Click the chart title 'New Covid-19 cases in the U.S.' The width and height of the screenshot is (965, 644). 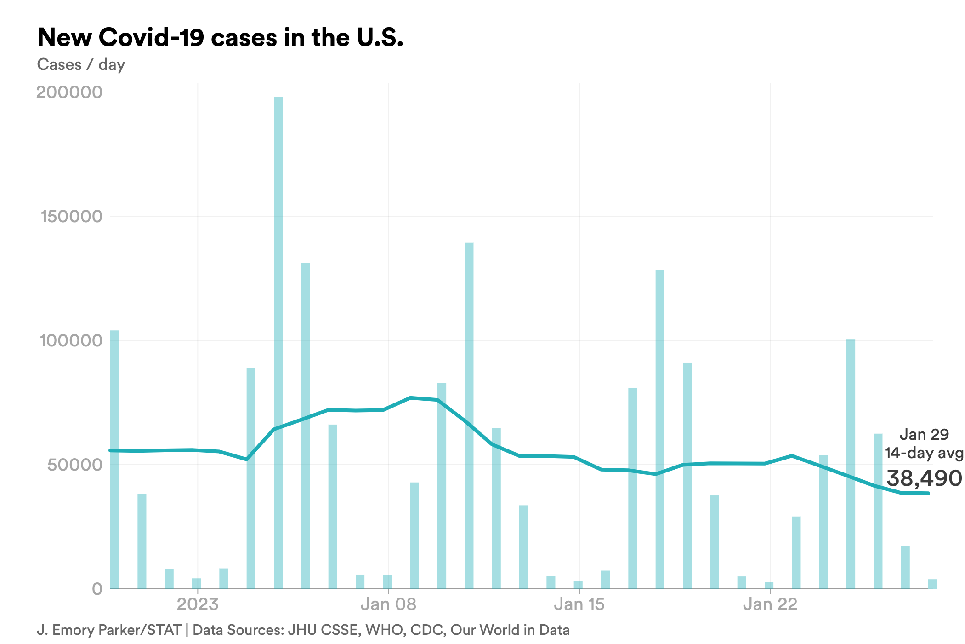point(220,37)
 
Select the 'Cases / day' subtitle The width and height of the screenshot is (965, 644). point(81,64)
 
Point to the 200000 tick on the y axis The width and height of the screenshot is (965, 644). point(69,92)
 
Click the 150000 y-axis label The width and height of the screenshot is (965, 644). point(72,216)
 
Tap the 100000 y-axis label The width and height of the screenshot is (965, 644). point(71,340)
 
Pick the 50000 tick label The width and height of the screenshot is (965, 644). point(75,465)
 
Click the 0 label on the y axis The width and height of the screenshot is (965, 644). point(97,589)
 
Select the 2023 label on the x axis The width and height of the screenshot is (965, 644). point(198,604)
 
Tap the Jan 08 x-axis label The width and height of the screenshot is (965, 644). point(388,604)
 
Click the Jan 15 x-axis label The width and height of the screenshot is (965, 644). point(579,604)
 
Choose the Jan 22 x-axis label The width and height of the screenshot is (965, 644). point(770,604)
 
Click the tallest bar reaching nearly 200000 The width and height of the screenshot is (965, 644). point(278,340)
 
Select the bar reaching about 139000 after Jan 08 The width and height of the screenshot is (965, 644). point(469,414)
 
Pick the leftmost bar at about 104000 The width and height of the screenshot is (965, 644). point(114,460)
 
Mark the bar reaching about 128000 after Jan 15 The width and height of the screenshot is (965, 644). point(660,428)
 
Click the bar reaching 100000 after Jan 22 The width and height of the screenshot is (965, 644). point(851,465)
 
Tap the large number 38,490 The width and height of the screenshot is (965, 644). point(924,478)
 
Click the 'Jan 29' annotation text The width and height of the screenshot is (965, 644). point(924,434)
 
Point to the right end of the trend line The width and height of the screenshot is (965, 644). point(928,493)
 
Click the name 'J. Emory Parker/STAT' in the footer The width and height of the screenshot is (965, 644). point(109,630)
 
